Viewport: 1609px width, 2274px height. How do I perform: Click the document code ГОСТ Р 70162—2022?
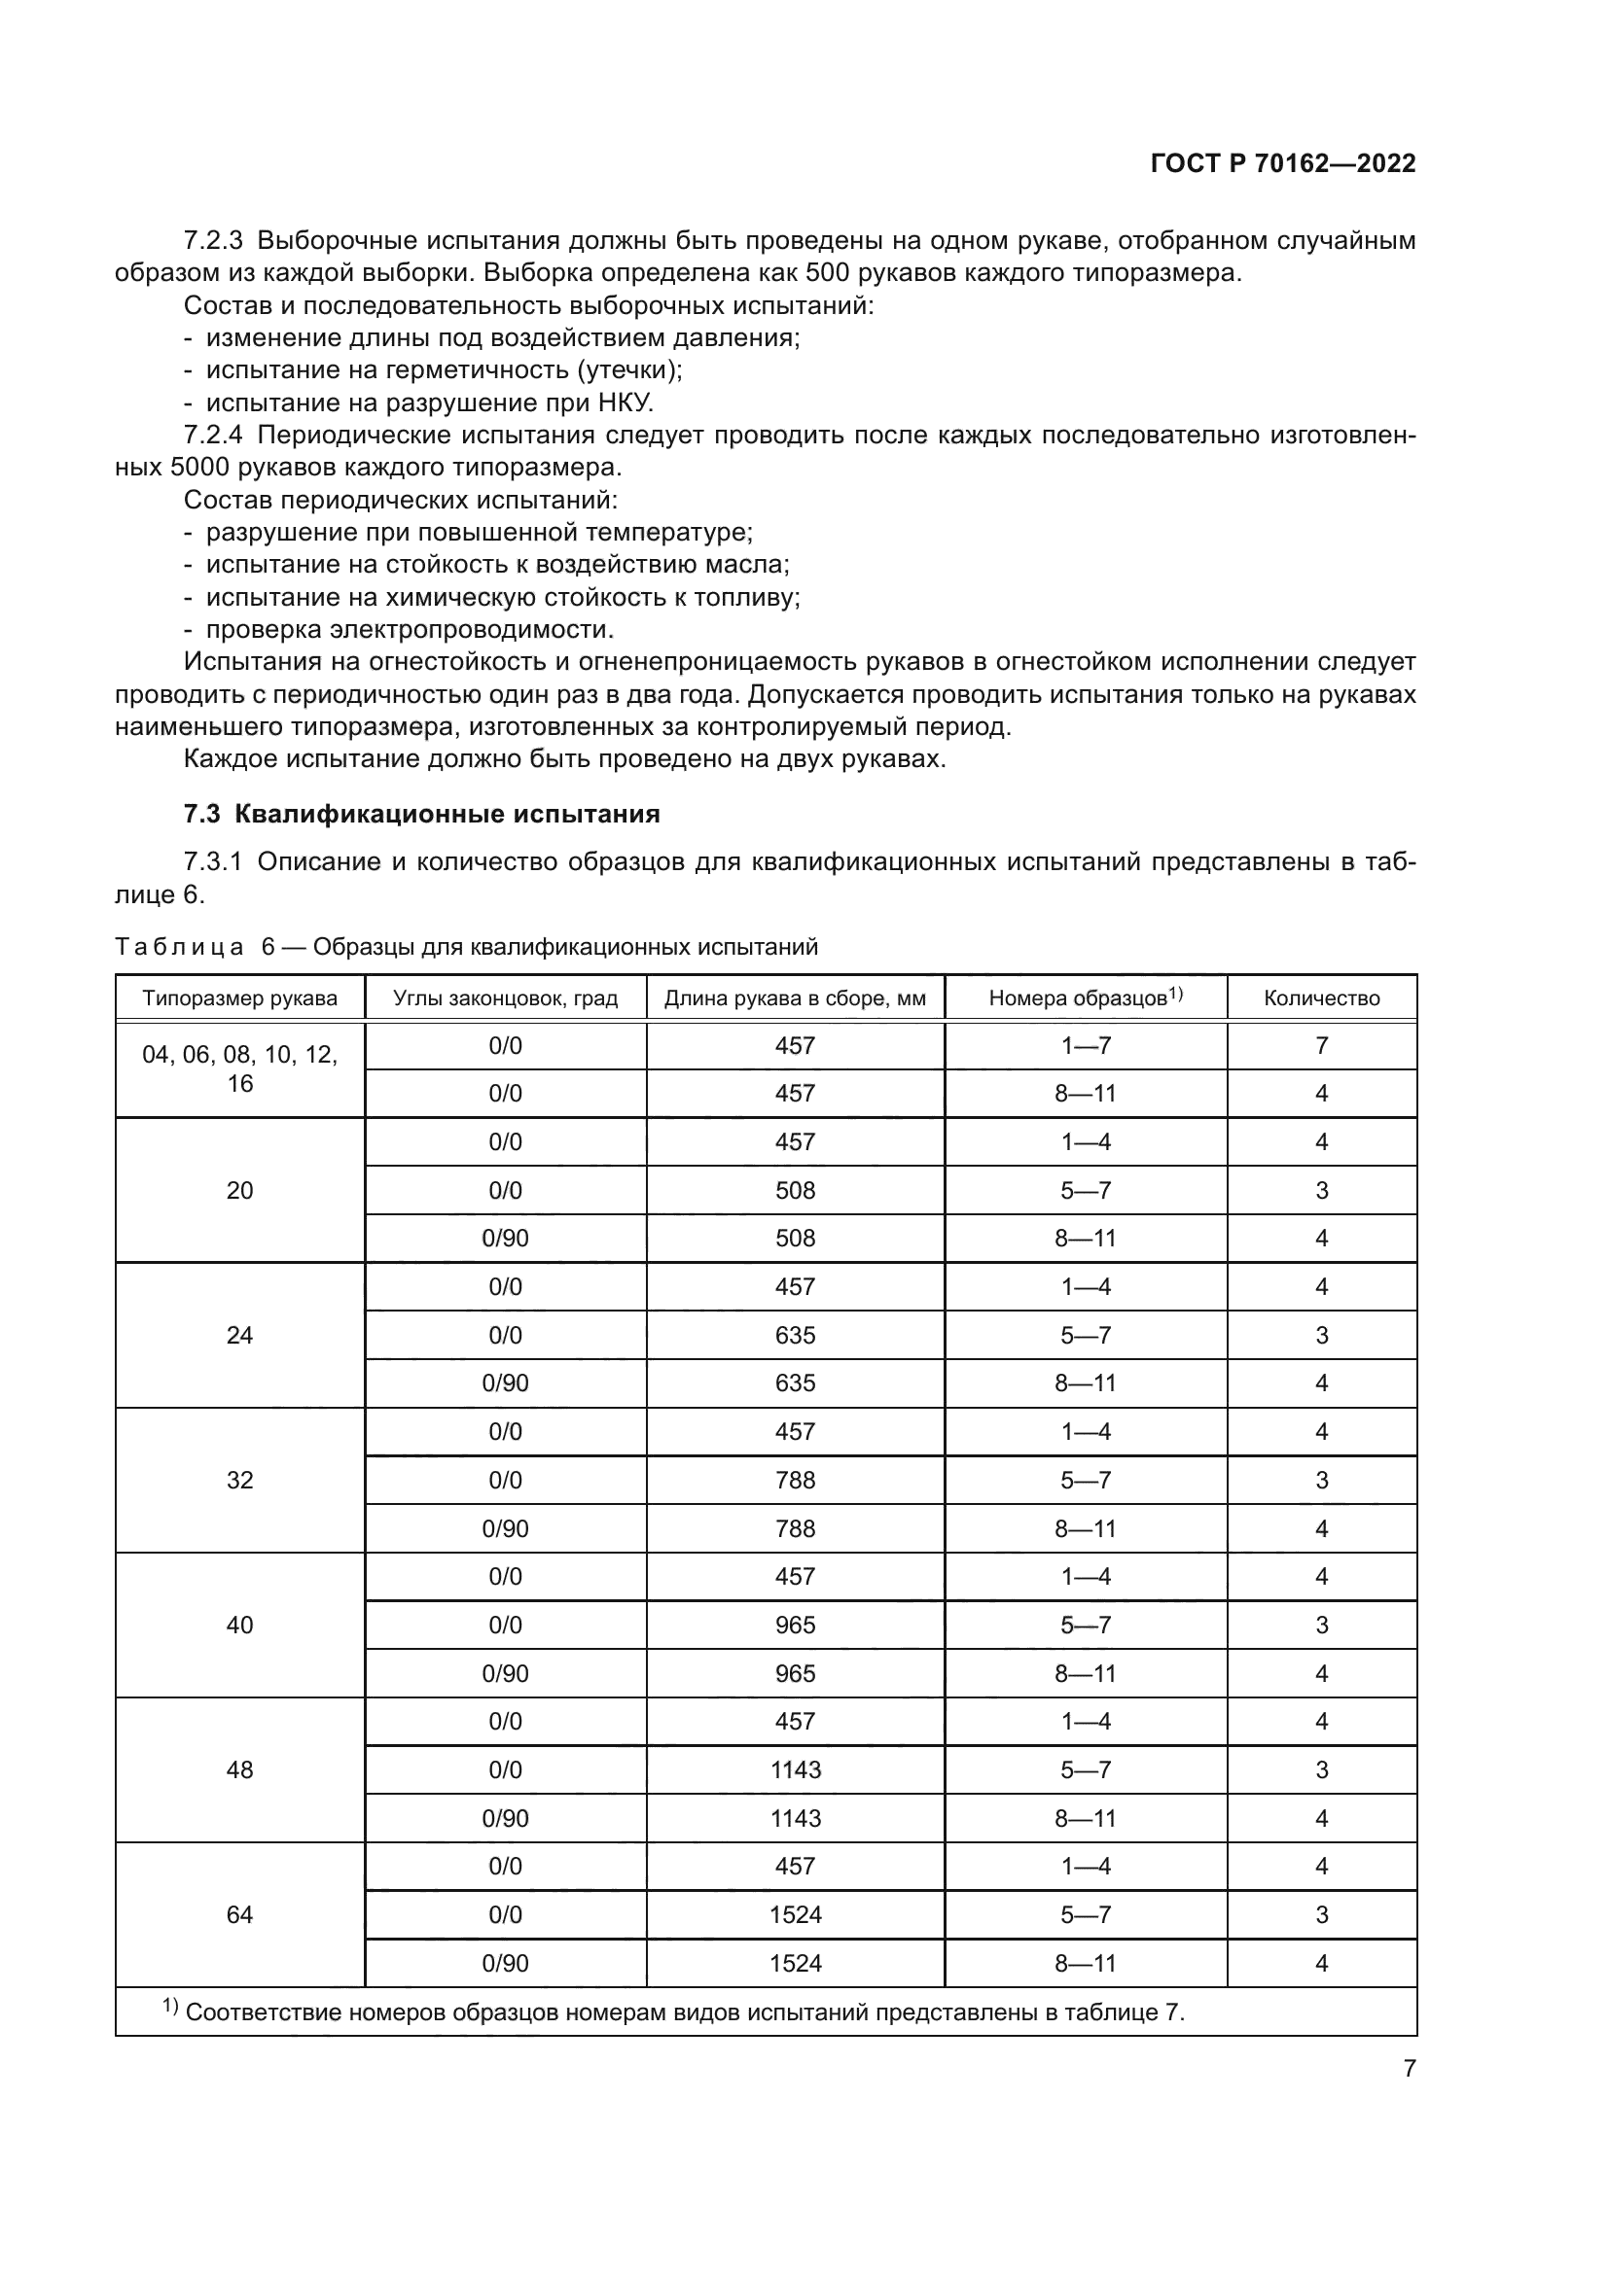pos(1283,163)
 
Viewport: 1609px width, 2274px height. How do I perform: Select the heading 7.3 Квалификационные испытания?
pos(421,814)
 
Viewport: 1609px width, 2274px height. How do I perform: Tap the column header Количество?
pos(1321,997)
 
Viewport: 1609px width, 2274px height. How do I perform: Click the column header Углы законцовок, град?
pos(505,997)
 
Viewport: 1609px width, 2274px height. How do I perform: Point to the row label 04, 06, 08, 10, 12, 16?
pos(239,1068)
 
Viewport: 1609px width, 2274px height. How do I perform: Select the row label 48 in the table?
pos(239,1768)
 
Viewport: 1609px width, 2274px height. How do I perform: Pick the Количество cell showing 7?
pos(1321,1046)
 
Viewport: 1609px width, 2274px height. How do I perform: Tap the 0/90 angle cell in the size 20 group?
pos(505,1238)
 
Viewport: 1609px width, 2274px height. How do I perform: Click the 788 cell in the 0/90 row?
pos(796,1528)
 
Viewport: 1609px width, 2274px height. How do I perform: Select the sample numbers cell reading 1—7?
pos(1086,1046)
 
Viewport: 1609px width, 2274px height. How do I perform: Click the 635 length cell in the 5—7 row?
pos(796,1335)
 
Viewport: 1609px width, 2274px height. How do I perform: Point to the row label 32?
pos(239,1480)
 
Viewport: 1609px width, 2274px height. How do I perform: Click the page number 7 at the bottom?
pos(1409,2068)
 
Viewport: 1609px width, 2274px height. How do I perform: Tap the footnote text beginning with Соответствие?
pos(684,2012)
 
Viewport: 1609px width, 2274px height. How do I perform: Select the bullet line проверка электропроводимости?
pos(410,629)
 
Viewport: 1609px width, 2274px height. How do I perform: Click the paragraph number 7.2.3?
pos(213,241)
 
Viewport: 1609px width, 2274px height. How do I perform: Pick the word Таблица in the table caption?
pos(179,947)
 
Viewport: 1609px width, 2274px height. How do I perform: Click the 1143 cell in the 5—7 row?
pos(796,1768)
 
